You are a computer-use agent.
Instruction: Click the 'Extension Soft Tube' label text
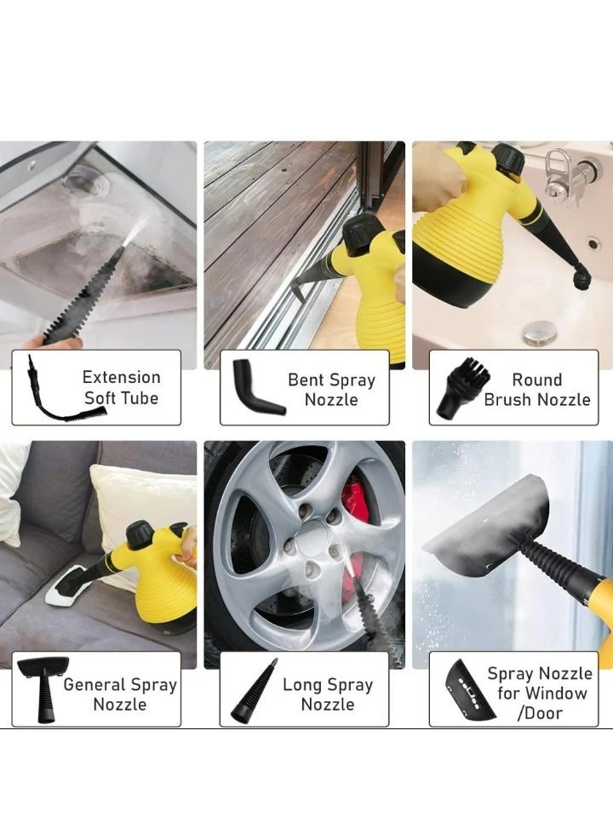tap(121, 387)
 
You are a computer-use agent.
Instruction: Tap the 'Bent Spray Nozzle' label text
tap(331, 390)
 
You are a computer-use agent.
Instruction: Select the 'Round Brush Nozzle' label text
tap(536, 390)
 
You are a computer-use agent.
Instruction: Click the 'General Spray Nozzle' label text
tap(120, 694)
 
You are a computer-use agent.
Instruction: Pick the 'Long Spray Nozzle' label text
tap(327, 694)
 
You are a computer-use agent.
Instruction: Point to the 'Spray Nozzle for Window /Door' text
tap(540, 693)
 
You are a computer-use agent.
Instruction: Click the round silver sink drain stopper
tap(540, 333)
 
